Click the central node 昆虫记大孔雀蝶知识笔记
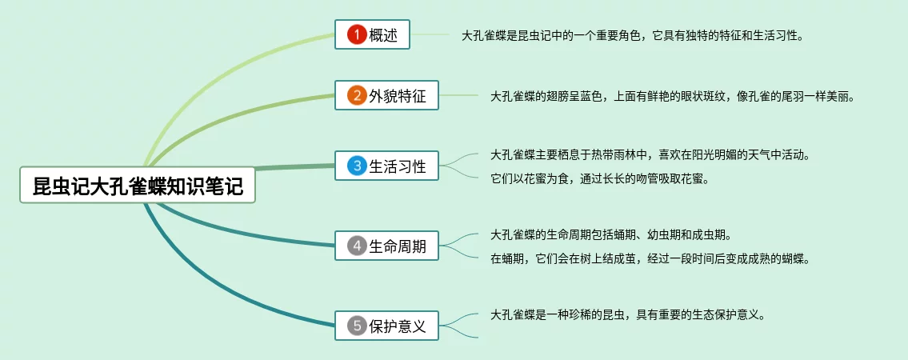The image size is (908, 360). [x=138, y=186]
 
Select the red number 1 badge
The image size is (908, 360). [x=357, y=34]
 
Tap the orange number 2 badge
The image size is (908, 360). [x=357, y=95]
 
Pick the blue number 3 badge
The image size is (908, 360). [x=357, y=166]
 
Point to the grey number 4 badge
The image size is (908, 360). [x=357, y=246]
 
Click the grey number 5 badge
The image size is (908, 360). [x=357, y=326]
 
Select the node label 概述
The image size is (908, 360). [x=383, y=35]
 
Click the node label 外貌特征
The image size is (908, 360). [x=398, y=96]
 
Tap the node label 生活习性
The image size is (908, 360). [x=398, y=166]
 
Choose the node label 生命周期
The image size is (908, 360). [x=398, y=246]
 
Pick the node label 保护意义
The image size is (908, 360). [x=398, y=326]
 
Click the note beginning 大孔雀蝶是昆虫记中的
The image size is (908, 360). [x=633, y=36]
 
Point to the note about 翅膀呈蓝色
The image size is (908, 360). [x=673, y=97]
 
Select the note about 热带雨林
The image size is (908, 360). [x=649, y=155]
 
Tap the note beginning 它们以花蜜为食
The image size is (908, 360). [x=600, y=179]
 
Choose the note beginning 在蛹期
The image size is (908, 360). [x=649, y=258]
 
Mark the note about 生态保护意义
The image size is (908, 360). [x=628, y=315]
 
